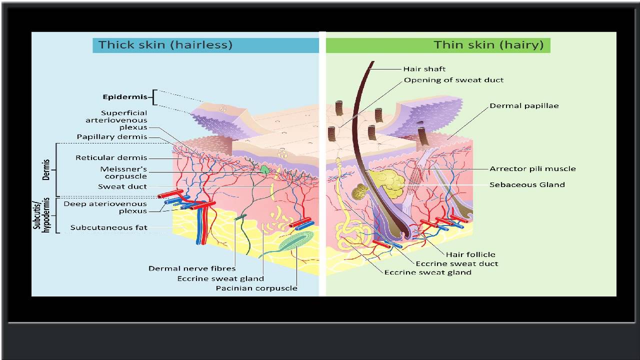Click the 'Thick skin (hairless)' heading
pos(165,44)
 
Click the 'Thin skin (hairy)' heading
pos(488,44)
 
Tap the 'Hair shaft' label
pos(424,69)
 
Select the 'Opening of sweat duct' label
pos(453,80)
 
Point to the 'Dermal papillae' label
pos(524,106)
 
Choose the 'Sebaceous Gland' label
pos(527,184)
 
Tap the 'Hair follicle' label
pos(470,254)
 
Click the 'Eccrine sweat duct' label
pos(456,263)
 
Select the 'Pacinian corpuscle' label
pos(256,288)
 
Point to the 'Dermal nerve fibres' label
pos(192,268)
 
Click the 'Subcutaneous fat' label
pos(108,227)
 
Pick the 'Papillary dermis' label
pos(112,137)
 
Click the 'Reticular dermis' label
pos(111,158)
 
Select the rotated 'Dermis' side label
pos(46,169)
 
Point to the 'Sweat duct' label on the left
pos(122,186)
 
